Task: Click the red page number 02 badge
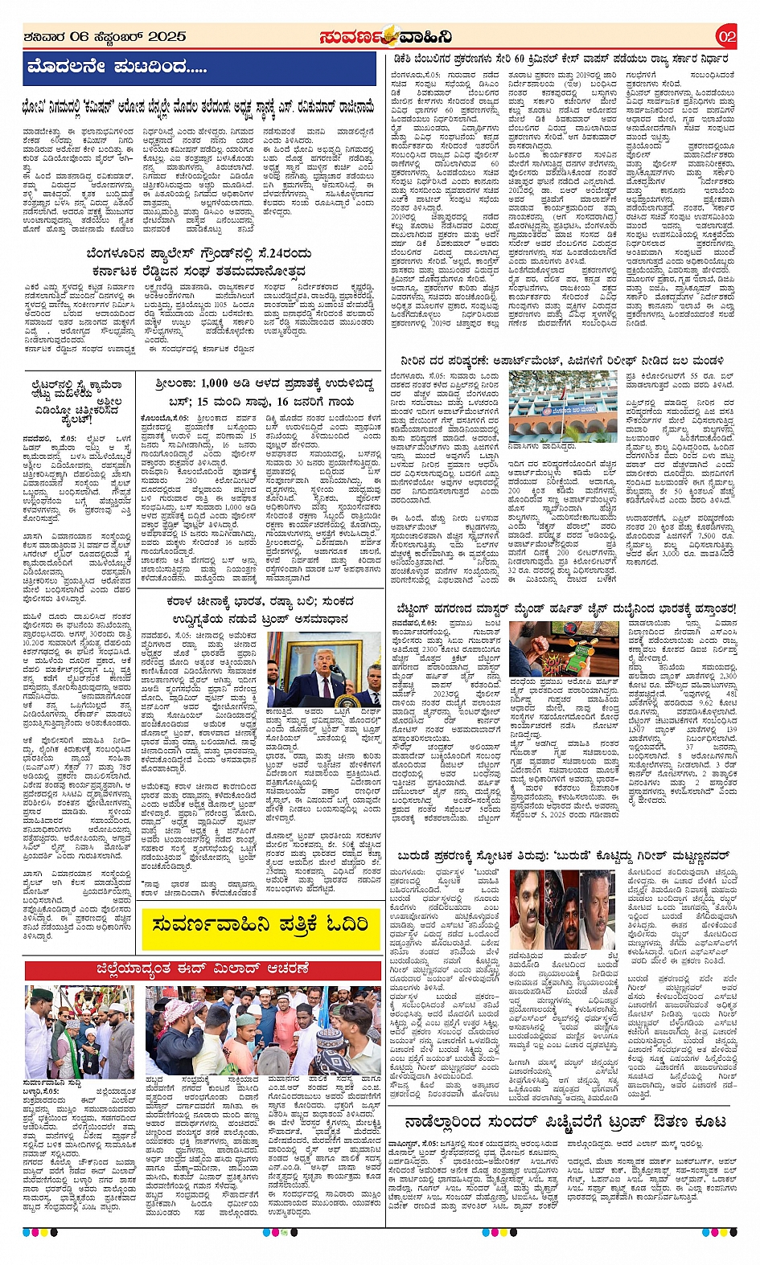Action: [726, 36]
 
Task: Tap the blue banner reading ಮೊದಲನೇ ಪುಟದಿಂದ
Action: [117, 68]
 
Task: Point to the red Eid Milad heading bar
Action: [202, 969]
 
